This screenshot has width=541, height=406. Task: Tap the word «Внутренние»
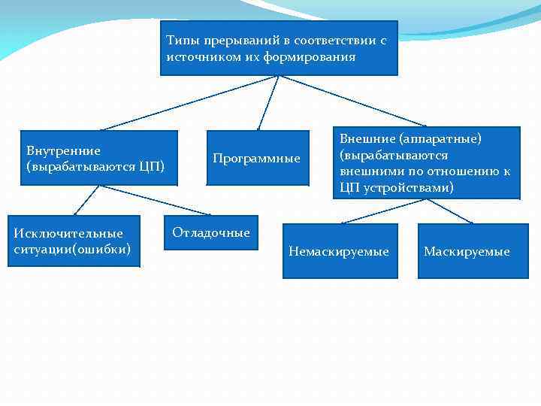click(63, 150)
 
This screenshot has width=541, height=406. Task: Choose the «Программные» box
click(257, 158)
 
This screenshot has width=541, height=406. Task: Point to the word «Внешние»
click(367, 138)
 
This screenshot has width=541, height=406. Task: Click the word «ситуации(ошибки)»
click(72, 248)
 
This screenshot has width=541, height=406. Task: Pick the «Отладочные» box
click(210, 233)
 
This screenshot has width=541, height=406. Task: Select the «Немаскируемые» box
click(339, 252)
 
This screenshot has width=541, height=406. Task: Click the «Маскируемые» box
click(467, 252)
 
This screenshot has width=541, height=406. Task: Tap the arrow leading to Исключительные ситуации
click(86, 201)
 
